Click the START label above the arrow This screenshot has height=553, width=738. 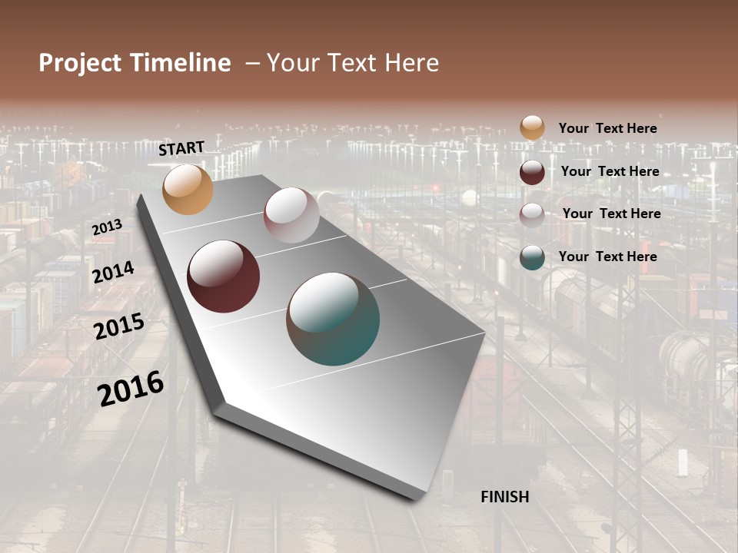pyautogui.click(x=181, y=148)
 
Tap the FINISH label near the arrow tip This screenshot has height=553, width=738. pyautogui.click(x=504, y=497)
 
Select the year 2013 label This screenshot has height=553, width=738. pyautogui.click(x=107, y=227)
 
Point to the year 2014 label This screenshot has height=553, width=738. pyautogui.click(x=113, y=273)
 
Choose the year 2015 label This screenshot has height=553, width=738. pyautogui.click(x=119, y=326)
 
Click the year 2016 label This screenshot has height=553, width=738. pyautogui.click(x=131, y=389)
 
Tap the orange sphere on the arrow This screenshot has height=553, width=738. pyautogui.click(x=188, y=189)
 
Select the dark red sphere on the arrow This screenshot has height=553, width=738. pyautogui.click(x=224, y=276)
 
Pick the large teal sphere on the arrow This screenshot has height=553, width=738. pyautogui.click(x=333, y=319)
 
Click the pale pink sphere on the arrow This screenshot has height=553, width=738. pyautogui.click(x=291, y=215)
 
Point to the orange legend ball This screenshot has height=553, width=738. pyautogui.click(x=532, y=127)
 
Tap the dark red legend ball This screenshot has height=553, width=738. pyautogui.click(x=532, y=172)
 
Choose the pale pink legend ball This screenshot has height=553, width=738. pyautogui.click(x=532, y=215)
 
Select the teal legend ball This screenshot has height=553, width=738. pyautogui.click(x=532, y=257)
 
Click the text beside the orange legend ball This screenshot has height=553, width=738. pyautogui.click(x=607, y=128)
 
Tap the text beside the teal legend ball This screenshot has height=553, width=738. pyautogui.click(x=607, y=257)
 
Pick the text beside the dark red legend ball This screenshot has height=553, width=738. pyautogui.click(x=610, y=171)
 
